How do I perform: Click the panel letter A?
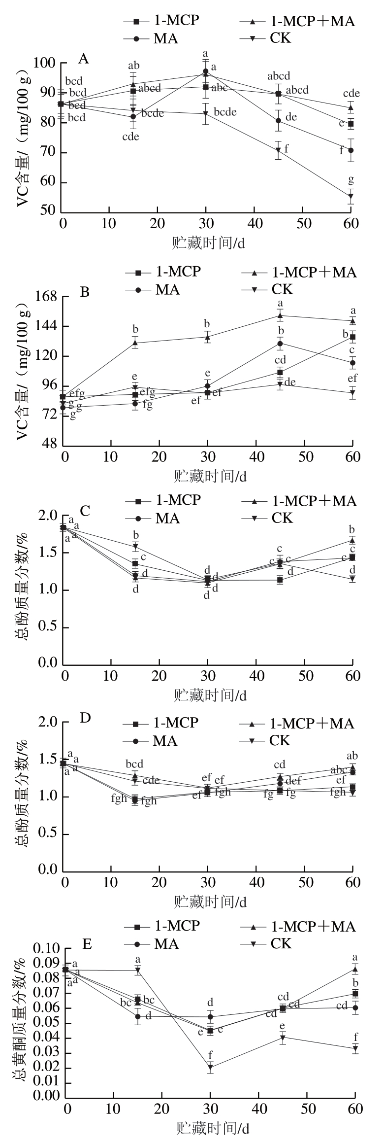[x=84, y=59]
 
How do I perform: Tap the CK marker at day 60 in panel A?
[x=351, y=197]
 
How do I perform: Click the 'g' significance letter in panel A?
[x=351, y=179]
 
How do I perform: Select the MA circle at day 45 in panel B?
[x=280, y=344]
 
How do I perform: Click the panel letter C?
[x=85, y=510]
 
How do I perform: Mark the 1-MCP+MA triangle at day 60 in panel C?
[x=352, y=540]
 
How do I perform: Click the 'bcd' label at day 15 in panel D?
[x=134, y=764]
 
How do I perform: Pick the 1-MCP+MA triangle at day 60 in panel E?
[x=355, y=969]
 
